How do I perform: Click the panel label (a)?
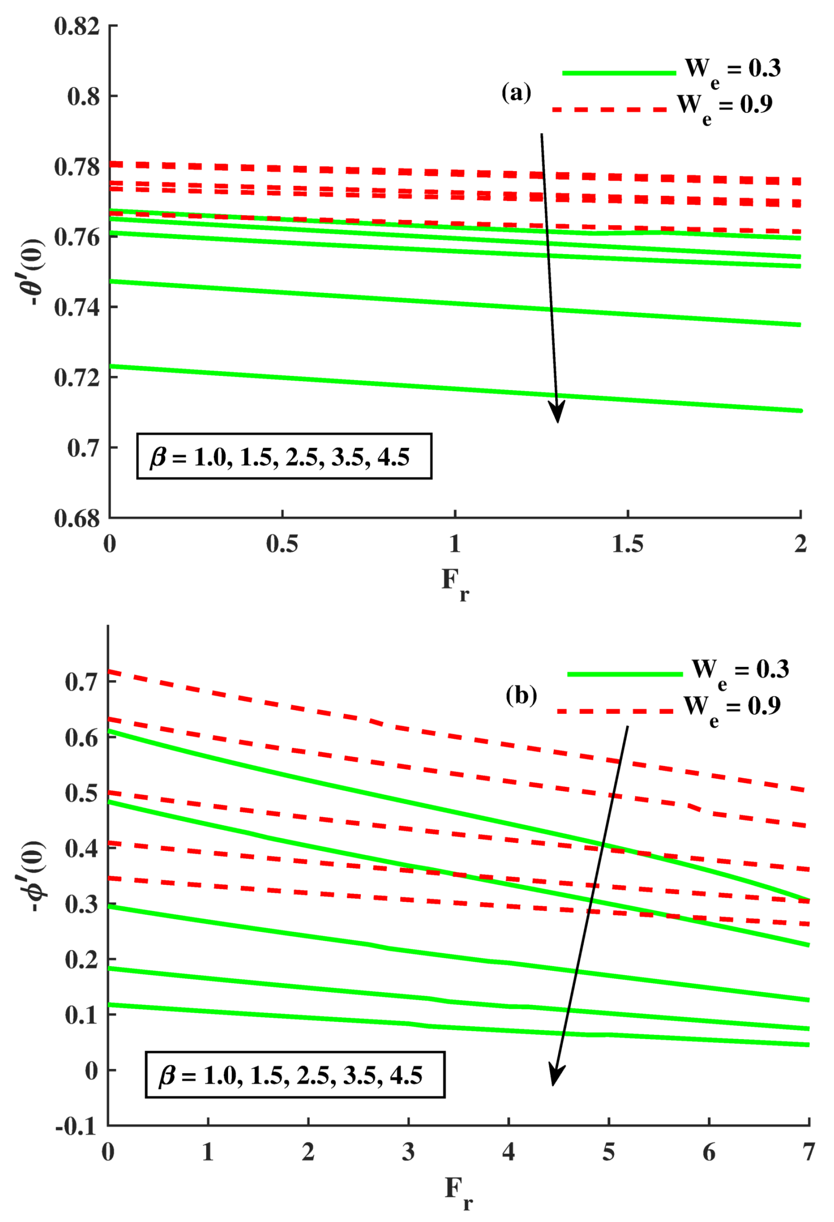tap(516, 92)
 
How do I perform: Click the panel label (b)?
tap(521, 696)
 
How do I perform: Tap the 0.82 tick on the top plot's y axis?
tap(77, 26)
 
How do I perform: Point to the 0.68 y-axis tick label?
tap(77, 519)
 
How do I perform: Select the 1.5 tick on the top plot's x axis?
tap(627, 544)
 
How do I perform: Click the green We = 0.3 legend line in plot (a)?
tap(618, 73)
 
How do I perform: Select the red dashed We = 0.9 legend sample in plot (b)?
tap(615, 711)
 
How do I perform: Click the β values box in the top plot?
tap(284, 456)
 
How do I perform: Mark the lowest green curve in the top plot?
tap(455, 389)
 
